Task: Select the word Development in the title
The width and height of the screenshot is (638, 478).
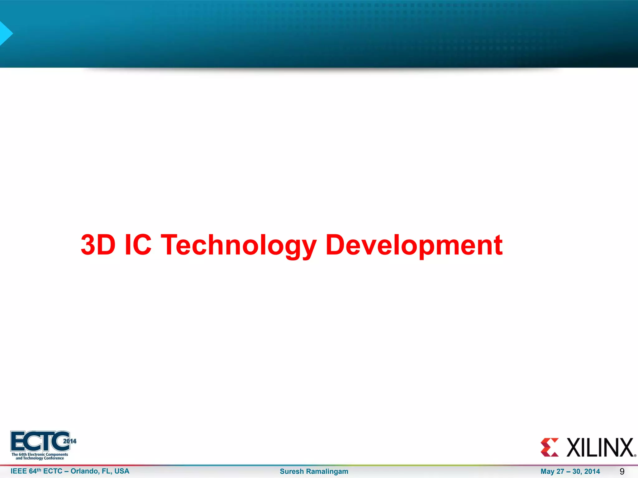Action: [x=414, y=245]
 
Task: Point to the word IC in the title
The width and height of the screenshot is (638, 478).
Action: [x=138, y=245]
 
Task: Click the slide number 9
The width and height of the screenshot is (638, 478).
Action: [x=622, y=471]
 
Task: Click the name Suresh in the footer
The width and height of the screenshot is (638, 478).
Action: [x=292, y=471]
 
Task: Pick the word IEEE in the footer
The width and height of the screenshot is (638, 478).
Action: [x=19, y=471]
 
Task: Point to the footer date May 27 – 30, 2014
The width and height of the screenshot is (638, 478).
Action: [x=570, y=471]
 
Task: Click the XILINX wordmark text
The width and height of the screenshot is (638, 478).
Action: [x=600, y=448]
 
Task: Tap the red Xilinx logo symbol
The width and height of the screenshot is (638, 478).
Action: [x=550, y=448]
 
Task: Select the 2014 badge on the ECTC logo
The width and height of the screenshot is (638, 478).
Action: [x=70, y=441]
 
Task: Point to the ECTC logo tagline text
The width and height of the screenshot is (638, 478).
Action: [x=40, y=456]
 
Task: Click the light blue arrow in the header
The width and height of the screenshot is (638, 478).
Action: [x=5, y=33]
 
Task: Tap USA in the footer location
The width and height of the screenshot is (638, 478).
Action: [x=122, y=471]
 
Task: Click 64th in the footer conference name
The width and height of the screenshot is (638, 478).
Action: [x=35, y=471]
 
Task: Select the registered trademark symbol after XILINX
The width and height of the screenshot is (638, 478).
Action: [x=635, y=456]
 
